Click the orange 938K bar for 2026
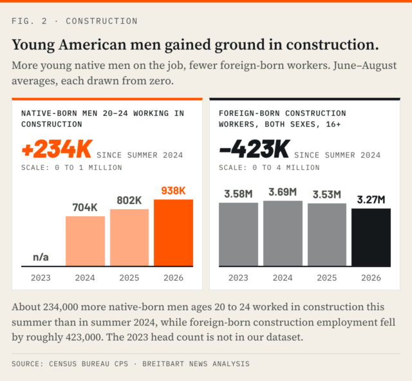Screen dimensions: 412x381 tap(173, 233)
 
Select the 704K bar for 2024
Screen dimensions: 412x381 tap(85, 241)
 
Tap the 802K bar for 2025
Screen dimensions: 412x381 tap(129, 237)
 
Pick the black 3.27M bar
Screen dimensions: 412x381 tap(371, 237)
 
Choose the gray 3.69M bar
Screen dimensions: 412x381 tap(283, 234)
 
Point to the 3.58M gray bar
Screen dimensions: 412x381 tap(238, 234)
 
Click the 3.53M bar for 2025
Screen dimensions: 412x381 tap(327, 235)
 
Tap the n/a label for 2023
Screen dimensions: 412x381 tap(41, 257)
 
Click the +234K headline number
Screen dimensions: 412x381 tap(57, 149)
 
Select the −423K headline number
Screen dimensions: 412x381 tap(255, 149)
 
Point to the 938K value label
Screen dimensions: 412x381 tap(173, 190)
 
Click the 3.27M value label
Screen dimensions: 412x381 tap(371, 200)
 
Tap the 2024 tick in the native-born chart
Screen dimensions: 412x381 tap(85, 278)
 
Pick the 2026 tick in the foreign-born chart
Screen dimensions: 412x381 tap(371, 278)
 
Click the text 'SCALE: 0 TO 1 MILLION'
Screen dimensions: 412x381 tap(71, 167)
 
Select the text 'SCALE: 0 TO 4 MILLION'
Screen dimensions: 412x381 tap(269, 167)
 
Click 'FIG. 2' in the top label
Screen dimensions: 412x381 tap(30, 21)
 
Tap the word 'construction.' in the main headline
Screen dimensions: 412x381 tap(332, 44)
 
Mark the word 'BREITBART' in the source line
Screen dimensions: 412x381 tap(163, 364)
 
